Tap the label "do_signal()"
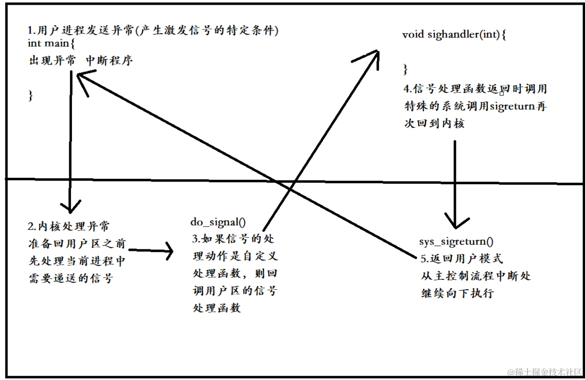tap(218, 222)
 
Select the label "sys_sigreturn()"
tap(456, 241)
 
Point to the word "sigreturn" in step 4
tap(511, 106)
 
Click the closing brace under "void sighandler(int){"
tap(405, 70)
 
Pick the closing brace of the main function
tap(31, 95)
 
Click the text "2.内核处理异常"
tap(69, 227)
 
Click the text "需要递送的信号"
tap(71, 278)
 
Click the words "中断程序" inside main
tap(109, 61)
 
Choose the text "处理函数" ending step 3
tap(217, 308)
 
